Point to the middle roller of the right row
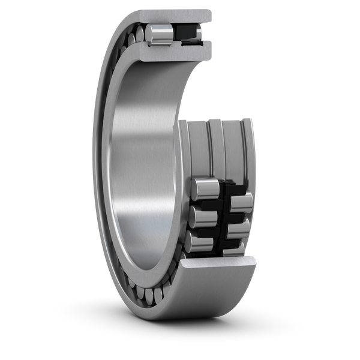click(240, 227)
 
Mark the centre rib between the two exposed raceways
click(217, 150)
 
